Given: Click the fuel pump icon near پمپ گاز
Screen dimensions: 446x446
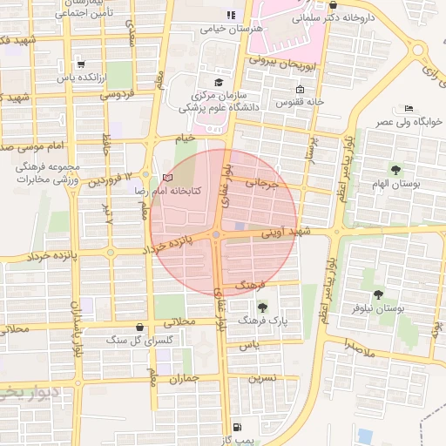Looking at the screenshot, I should pos(237,428).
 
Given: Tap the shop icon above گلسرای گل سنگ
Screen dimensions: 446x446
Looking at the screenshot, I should pos(139,327).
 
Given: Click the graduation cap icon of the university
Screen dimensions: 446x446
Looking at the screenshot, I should pos(219,81).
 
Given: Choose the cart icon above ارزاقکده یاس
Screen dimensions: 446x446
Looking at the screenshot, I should pos(80,64).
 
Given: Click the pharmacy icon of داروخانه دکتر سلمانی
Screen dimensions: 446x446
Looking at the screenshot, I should pos(334,5).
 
